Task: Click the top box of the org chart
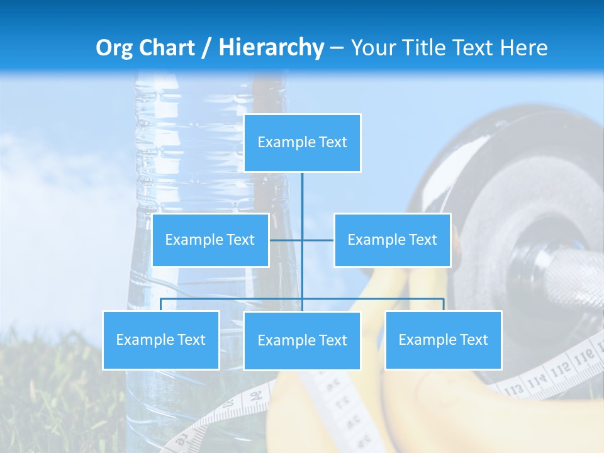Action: [302, 143]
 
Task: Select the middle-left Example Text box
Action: [210, 240]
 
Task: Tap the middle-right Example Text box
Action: [392, 240]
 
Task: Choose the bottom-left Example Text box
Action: [160, 340]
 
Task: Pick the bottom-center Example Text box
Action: [302, 340]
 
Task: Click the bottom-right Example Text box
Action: [443, 340]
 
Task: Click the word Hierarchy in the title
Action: [271, 48]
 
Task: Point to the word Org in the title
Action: [114, 48]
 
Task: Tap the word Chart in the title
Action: [165, 48]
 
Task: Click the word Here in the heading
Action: [523, 48]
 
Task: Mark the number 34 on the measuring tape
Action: [256, 397]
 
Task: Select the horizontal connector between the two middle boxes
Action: [301, 240]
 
